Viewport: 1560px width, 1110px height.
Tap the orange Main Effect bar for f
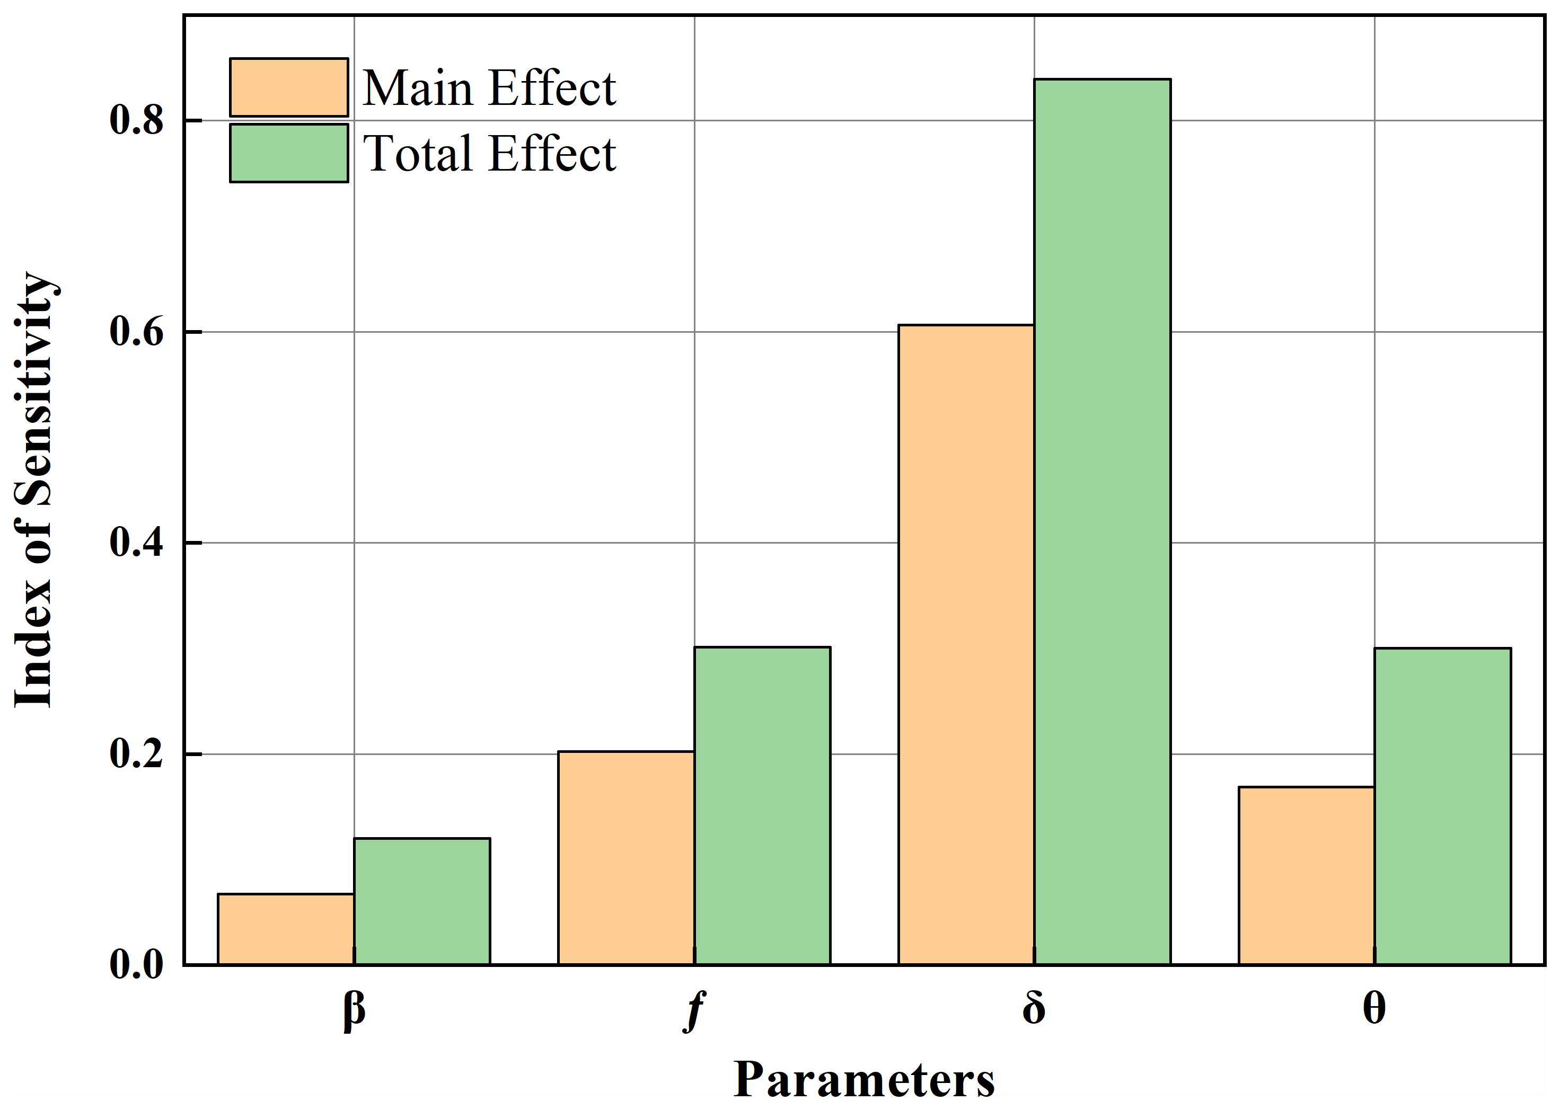(x=626, y=857)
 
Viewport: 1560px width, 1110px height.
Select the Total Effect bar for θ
(x=1442, y=806)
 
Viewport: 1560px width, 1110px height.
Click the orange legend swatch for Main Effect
(x=288, y=87)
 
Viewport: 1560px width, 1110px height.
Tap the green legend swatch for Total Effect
(x=288, y=153)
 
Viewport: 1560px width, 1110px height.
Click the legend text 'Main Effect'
(x=489, y=89)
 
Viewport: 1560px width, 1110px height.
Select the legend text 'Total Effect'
(x=489, y=154)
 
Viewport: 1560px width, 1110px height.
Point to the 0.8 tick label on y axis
(x=137, y=120)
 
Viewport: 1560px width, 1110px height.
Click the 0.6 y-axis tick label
(x=137, y=332)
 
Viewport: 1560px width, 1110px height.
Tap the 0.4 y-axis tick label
(x=137, y=544)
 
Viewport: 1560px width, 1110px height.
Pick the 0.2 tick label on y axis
(x=137, y=754)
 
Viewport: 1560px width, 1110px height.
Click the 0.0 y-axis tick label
(x=137, y=965)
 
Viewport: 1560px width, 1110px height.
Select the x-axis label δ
(x=1034, y=1009)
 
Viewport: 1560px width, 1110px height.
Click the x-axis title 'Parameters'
(x=863, y=1080)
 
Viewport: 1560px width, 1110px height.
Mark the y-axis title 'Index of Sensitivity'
(x=34, y=490)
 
